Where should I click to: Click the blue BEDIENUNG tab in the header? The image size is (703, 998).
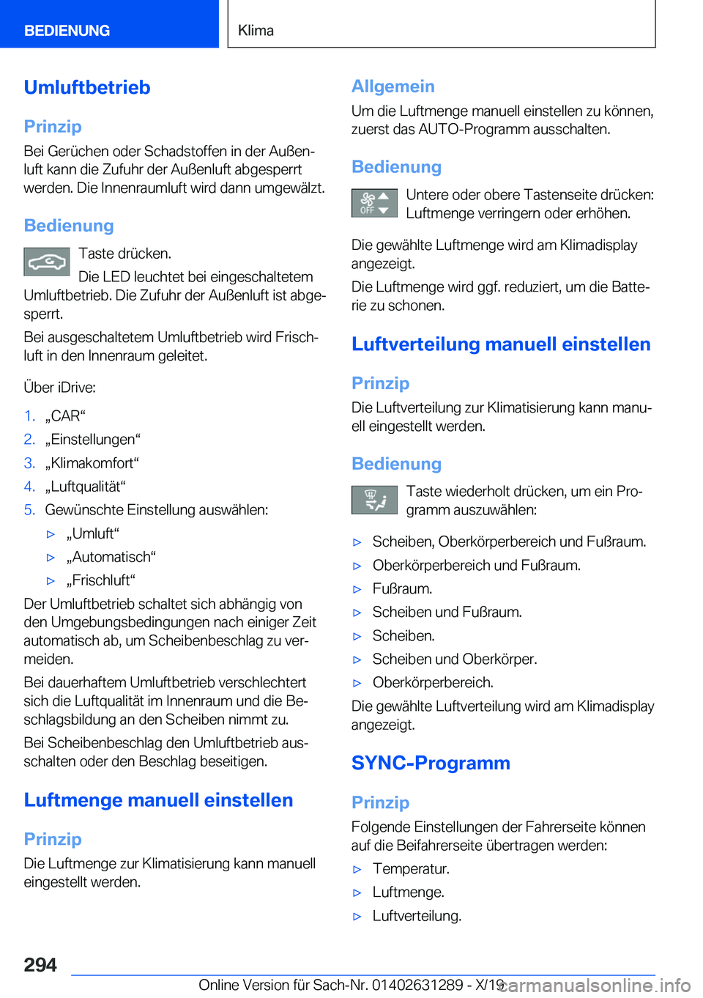click(x=67, y=31)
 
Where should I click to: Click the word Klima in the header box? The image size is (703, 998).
click(x=256, y=31)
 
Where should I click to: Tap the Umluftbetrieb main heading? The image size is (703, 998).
click(x=87, y=87)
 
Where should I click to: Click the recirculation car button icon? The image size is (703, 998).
click(x=47, y=262)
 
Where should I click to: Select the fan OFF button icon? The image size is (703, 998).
click(x=374, y=203)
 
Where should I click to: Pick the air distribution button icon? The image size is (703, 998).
click(x=374, y=500)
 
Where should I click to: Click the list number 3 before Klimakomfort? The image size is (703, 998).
click(x=29, y=463)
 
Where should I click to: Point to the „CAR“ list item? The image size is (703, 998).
click(x=65, y=416)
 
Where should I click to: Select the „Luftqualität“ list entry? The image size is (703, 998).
click(x=85, y=487)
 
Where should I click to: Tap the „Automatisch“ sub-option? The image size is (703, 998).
click(x=111, y=557)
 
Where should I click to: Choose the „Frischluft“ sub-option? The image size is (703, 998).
click(x=100, y=580)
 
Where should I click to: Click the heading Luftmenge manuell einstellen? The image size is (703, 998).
click(x=158, y=800)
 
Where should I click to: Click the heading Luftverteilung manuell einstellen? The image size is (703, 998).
click(x=501, y=344)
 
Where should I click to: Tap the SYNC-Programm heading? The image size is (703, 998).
click(x=431, y=763)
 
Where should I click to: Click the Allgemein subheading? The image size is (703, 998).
click(x=393, y=86)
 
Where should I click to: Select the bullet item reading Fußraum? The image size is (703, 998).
click(x=402, y=589)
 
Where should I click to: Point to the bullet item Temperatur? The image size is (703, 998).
click(x=411, y=869)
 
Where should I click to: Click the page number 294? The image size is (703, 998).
click(x=40, y=965)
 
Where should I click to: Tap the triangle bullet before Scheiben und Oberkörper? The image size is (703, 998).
click(x=357, y=659)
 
